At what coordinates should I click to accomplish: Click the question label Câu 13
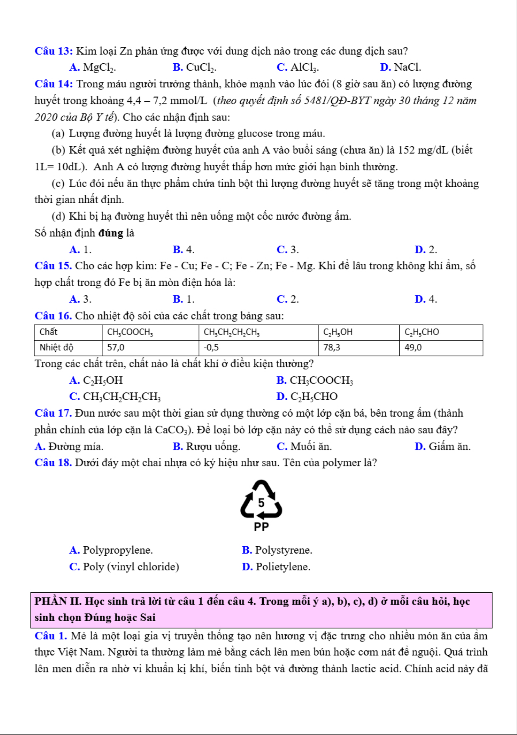(x=54, y=51)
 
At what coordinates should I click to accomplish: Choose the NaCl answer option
(x=401, y=68)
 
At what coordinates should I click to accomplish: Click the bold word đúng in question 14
(x=111, y=233)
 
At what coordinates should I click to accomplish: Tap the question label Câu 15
(x=53, y=266)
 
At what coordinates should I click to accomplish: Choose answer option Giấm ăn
(x=443, y=447)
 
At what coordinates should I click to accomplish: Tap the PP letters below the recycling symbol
(x=261, y=527)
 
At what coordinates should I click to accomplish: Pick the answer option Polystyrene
(x=277, y=550)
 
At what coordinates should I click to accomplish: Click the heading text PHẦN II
(x=58, y=602)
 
